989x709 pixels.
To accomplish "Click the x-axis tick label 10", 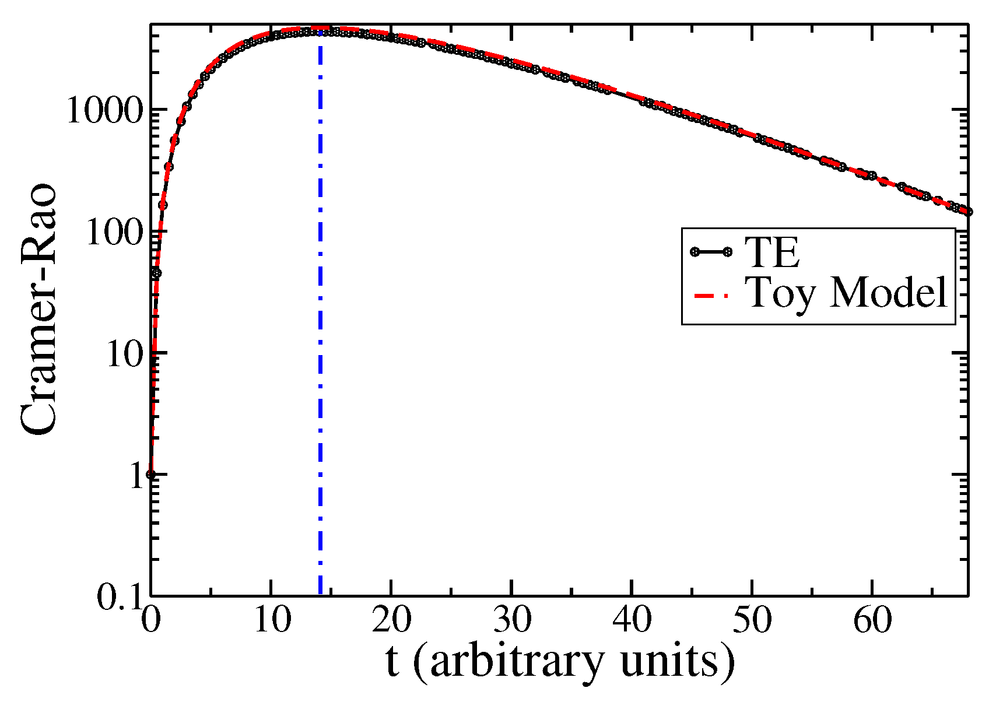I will pyautogui.click(x=271, y=622).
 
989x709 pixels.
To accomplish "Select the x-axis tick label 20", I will pyautogui.click(x=392, y=622).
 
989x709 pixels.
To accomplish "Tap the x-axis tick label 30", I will pyautogui.click(x=512, y=622).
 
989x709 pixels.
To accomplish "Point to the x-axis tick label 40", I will pyautogui.click(x=632, y=622).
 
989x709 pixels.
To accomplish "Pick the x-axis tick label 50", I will pyautogui.click(x=752, y=622).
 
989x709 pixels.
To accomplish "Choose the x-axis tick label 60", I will pyautogui.click(x=872, y=622).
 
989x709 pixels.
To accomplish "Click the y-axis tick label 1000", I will pyautogui.click(x=105, y=110).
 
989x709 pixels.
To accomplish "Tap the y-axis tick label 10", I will pyautogui.click(x=124, y=353).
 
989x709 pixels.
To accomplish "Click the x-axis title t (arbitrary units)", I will pyautogui.click(x=560, y=664).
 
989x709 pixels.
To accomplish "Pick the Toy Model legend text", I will pyautogui.click(x=847, y=293).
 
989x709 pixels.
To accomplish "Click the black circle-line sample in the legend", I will pyautogui.click(x=711, y=252).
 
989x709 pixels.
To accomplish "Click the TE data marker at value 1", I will pyautogui.click(x=151, y=475).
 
